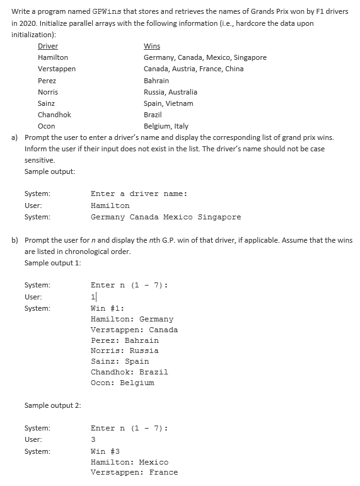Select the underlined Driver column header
click(48, 46)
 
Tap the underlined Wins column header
click(151, 46)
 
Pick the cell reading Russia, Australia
click(170, 91)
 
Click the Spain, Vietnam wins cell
click(168, 103)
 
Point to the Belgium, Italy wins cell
click(166, 126)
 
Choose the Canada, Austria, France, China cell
click(194, 69)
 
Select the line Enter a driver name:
click(139, 194)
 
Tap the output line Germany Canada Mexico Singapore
click(166, 217)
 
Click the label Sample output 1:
click(52, 263)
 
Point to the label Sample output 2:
click(52, 405)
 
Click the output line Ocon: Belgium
click(122, 383)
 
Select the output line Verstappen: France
click(134, 472)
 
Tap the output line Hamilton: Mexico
click(129, 462)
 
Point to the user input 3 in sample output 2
click(93, 439)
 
